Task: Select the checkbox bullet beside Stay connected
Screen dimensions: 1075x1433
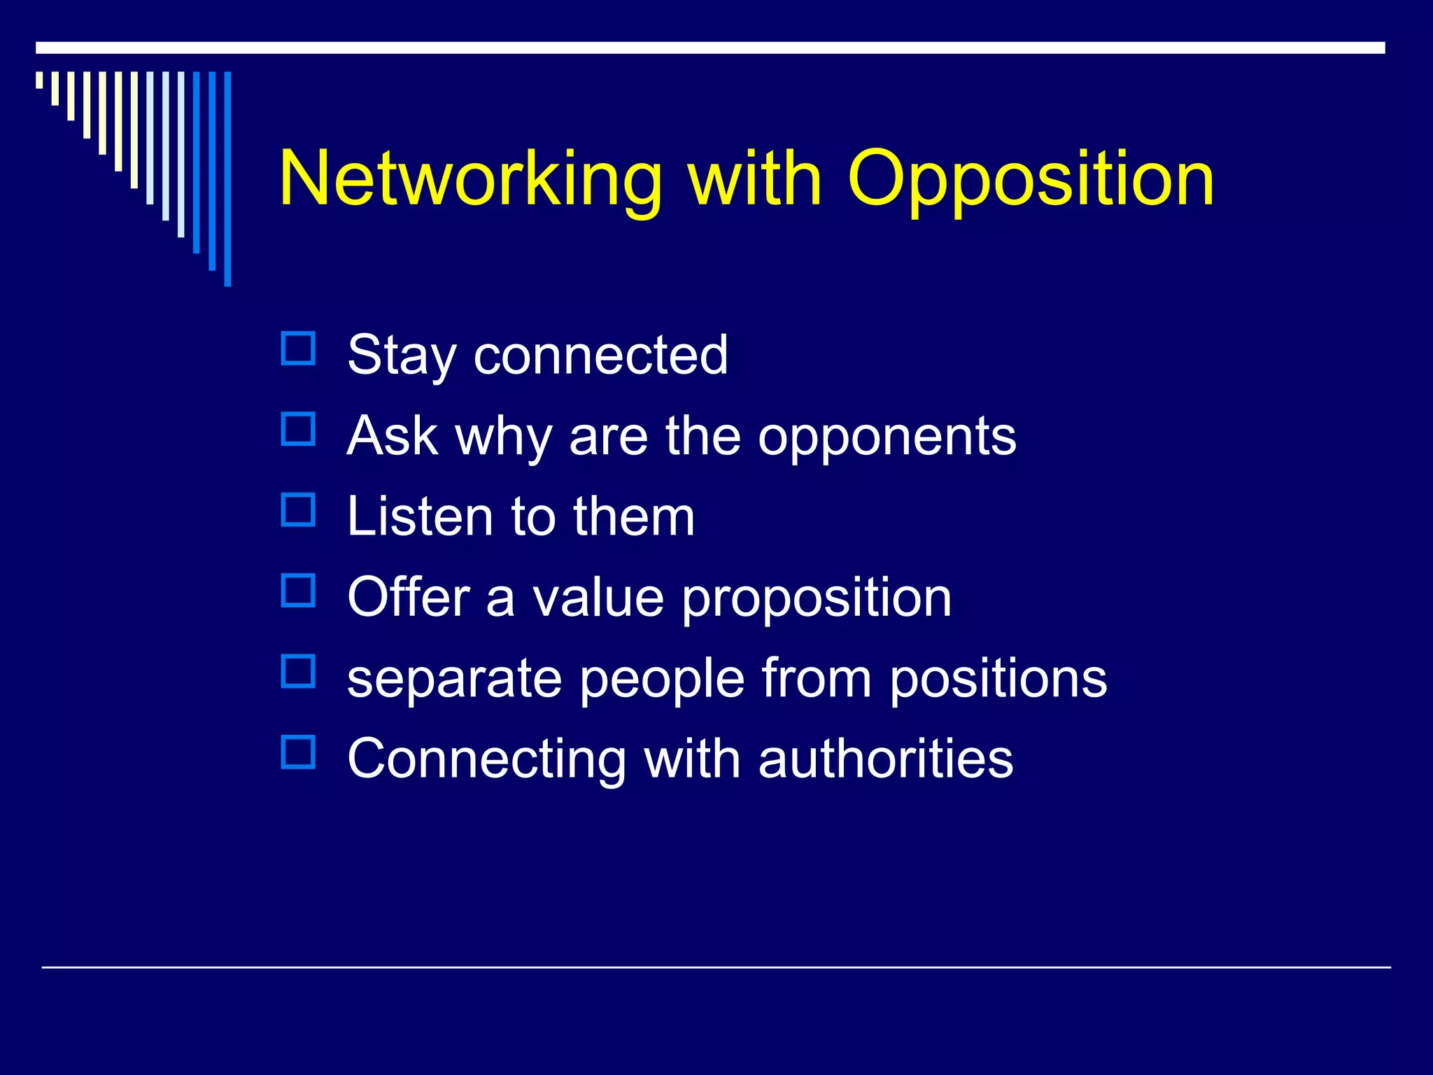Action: click(x=298, y=349)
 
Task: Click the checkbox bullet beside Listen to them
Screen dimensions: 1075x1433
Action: click(x=298, y=510)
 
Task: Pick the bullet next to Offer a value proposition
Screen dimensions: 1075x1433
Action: click(x=298, y=591)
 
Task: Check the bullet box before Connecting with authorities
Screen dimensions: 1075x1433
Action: click(x=298, y=752)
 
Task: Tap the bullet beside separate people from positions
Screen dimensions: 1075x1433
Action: click(x=298, y=671)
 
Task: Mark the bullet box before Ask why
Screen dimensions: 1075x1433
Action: click(x=298, y=429)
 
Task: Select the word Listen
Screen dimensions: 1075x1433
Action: click(x=421, y=517)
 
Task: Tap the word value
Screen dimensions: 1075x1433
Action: click(x=598, y=598)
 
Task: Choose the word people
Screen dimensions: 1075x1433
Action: click(x=662, y=679)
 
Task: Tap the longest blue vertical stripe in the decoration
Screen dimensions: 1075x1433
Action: click(x=227, y=178)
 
